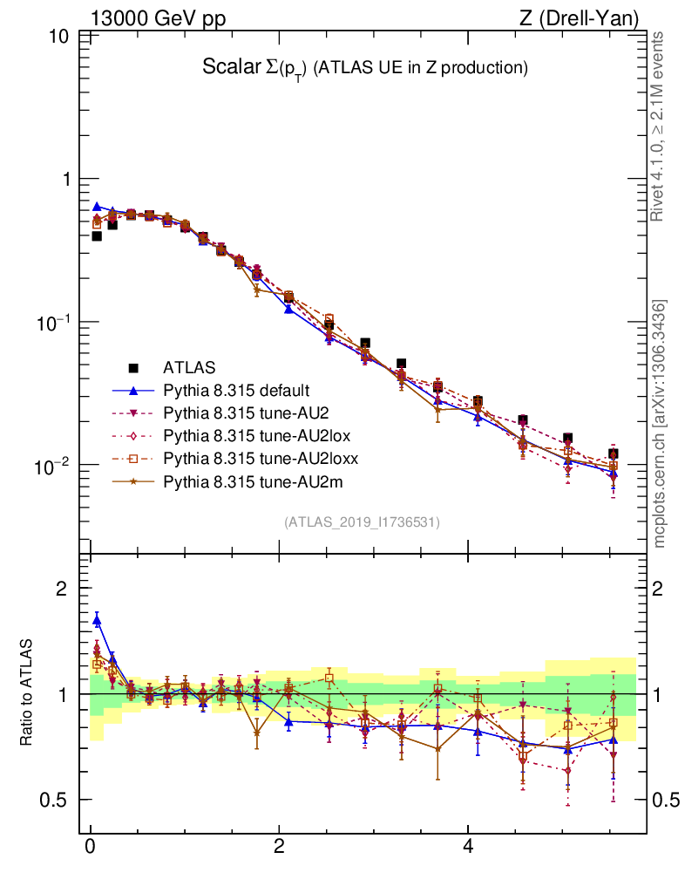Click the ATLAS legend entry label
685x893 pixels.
(x=189, y=367)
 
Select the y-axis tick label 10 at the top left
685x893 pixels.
(x=60, y=37)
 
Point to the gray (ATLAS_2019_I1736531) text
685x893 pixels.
(x=362, y=522)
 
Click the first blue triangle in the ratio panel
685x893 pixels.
(x=97, y=620)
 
